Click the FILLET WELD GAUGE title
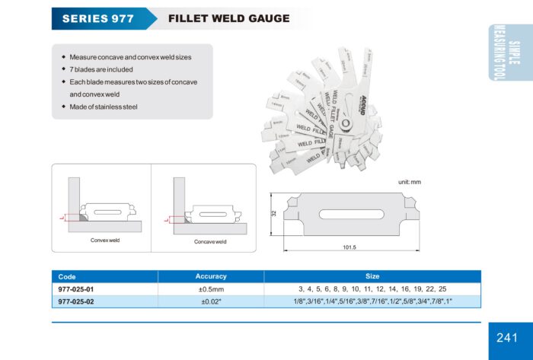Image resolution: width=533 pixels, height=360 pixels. coord(228,18)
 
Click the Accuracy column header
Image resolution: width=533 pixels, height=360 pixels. coord(211,276)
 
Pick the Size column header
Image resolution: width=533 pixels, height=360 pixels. coord(372,276)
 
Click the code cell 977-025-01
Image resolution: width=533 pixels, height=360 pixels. coord(76,289)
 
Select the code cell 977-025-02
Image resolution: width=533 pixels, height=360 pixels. coord(76,301)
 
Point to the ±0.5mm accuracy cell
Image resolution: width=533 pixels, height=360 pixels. coord(211,289)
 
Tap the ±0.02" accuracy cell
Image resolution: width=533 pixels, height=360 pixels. coord(211,301)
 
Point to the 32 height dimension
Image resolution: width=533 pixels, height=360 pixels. coord(273,214)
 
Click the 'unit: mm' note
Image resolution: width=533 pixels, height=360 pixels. coord(410,183)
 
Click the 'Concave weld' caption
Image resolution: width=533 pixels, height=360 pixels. coord(209,241)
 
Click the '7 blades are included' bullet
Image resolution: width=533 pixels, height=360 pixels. coord(101,69)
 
